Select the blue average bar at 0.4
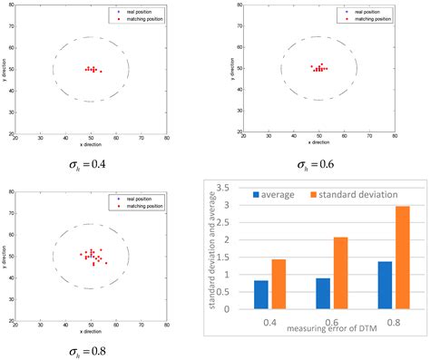pos(261,294)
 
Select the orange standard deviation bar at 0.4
pos(279,284)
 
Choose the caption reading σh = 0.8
pos(87,349)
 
